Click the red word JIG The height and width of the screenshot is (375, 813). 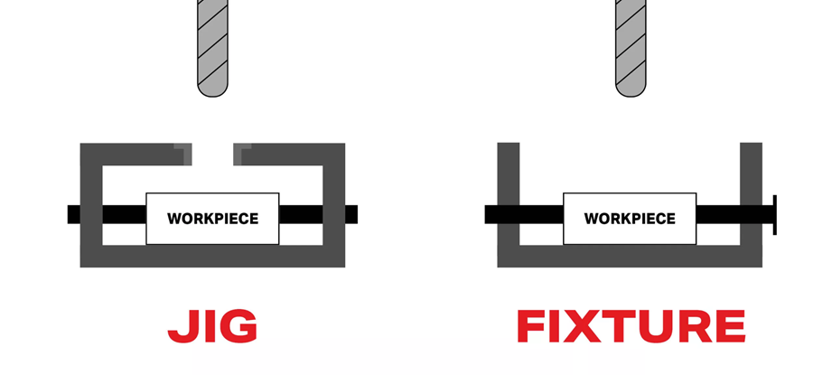click(x=212, y=326)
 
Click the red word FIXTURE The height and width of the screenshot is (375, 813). click(x=631, y=326)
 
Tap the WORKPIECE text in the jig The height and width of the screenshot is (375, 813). click(x=213, y=219)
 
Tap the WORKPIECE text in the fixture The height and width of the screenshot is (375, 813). click(x=630, y=219)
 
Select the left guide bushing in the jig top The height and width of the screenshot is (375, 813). click(x=184, y=153)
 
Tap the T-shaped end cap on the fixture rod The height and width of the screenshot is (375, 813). click(x=774, y=214)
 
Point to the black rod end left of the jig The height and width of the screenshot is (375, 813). click(x=73, y=214)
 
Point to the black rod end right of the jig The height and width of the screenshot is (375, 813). click(x=351, y=214)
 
